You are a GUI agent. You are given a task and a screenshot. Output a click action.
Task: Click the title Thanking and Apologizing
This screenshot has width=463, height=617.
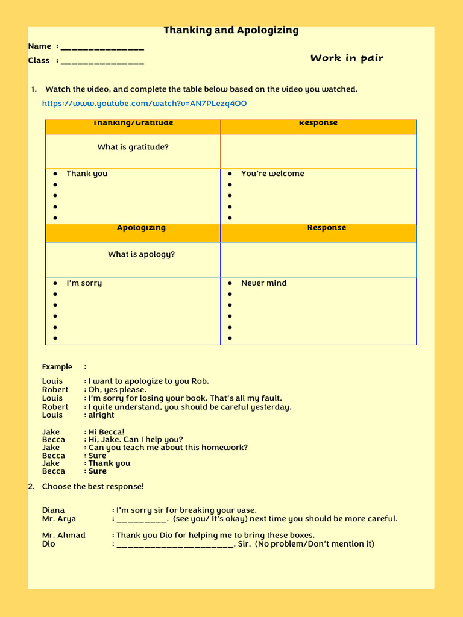coord(231,30)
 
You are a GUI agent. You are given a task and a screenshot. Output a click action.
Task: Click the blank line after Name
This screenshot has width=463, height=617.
coord(102,47)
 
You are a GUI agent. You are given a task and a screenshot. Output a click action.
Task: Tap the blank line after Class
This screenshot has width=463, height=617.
coord(102,61)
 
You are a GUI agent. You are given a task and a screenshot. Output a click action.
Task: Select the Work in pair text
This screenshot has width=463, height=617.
coord(347,58)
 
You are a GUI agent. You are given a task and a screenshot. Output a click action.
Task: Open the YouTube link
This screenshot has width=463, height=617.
coord(144,104)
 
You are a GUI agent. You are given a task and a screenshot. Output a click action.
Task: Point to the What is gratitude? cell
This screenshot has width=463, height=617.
coord(133,147)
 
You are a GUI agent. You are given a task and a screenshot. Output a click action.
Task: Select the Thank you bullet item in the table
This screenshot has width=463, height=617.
coord(87,174)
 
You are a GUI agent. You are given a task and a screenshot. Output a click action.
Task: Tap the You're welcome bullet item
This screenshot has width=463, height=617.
coord(272,174)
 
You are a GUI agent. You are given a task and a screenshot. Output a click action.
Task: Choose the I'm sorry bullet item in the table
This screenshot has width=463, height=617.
coord(84,283)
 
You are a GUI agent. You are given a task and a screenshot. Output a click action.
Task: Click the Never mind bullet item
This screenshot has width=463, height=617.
coord(263,283)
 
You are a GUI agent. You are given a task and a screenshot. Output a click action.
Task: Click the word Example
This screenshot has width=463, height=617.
coord(57,367)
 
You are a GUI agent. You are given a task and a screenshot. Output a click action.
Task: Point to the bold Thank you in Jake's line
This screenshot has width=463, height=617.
coord(109,463)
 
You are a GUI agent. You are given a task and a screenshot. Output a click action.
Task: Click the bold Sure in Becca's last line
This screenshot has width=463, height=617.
coord(97,471)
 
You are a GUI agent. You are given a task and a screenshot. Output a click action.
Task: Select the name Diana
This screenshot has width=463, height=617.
coord(53,510)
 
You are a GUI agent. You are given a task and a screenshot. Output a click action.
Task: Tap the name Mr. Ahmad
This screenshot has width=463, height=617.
coord(63,536)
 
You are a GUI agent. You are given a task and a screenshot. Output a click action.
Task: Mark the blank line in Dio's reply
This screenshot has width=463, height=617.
coord(174,545)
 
